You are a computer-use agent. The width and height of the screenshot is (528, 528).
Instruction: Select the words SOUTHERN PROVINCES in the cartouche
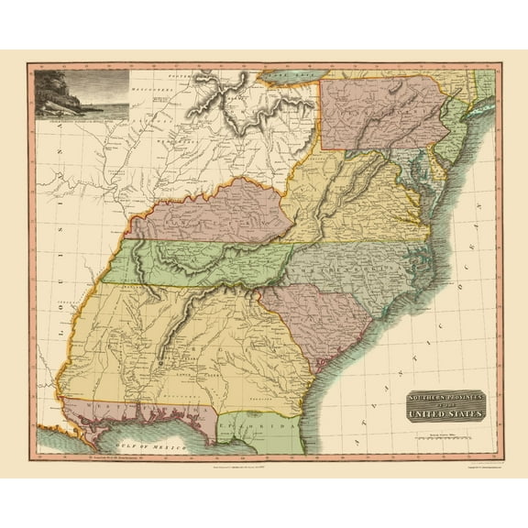coord(446,398)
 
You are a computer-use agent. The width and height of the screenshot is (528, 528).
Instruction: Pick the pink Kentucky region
coord(211,214)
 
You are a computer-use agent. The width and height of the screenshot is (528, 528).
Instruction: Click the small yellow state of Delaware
coord(441,170)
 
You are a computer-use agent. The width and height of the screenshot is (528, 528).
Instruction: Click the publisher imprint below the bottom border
coord(264,464)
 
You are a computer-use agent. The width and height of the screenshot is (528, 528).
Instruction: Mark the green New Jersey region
coord(453,137)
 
